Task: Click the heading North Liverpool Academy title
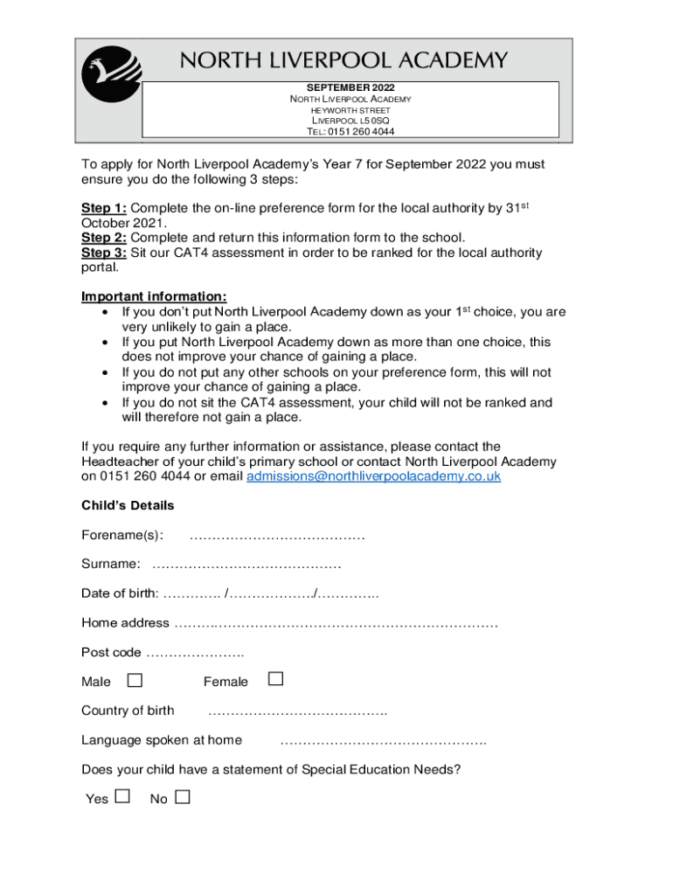343,60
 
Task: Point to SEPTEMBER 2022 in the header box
350,88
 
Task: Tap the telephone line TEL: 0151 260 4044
350,131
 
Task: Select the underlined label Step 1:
104,208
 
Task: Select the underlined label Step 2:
104,238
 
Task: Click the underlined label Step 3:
104,253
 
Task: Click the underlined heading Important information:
154,295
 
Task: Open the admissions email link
373,476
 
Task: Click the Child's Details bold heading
128,505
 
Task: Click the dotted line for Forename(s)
277,536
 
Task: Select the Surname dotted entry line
246,565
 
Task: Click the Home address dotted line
336,624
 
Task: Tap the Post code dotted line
195,653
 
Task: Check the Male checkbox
135,680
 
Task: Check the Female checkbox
275,679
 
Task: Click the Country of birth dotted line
297,711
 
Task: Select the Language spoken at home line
383,741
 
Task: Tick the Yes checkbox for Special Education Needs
122,797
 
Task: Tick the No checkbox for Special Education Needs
182,797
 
